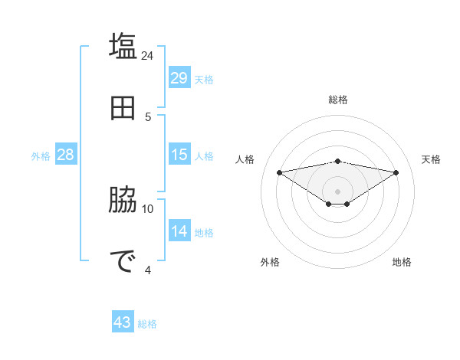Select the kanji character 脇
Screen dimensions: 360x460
tap(123, 201)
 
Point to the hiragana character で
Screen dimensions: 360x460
tap(123, 261)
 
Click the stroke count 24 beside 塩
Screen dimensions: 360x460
tap(148, 55)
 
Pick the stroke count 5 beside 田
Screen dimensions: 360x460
tap(148, 116)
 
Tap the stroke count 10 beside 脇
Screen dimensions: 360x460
tap(148, 208)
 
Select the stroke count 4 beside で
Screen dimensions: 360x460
tap(148, 270)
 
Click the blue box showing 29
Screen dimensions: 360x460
tap(179, 78)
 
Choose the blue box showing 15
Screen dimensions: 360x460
tap(179, 155)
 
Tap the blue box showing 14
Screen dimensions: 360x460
tap(179, 231)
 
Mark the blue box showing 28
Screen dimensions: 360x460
tap(66, 155)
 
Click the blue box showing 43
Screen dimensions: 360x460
tap(123, 322)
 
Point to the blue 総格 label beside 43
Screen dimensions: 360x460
tap(147, 324)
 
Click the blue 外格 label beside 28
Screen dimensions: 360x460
tap(41, 156)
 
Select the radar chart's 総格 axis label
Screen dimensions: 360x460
tap(338, 100)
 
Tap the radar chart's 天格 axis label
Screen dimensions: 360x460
tap(431, 159)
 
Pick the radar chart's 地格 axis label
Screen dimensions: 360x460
tap(402, 262)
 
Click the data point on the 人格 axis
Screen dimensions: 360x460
tap(280, 172)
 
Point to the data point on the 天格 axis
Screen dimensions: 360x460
tap(396, 172)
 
